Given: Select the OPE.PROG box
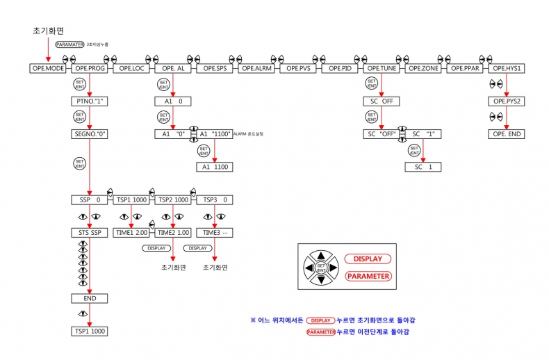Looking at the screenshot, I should (89, 69).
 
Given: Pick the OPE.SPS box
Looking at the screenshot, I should (216, 69).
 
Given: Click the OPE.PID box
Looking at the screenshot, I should (341, 69).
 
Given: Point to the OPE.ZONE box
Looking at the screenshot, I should (423, 69).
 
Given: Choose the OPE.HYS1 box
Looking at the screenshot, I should (507, 69).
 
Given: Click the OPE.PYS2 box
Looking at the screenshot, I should (507, 101).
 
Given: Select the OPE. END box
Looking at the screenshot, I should (507, 134).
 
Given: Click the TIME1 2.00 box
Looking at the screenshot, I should (131, 233).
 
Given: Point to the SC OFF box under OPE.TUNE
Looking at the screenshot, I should (382, 101).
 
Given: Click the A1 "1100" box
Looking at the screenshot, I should (215, 134).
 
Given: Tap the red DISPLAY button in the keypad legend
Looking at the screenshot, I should (368, 259).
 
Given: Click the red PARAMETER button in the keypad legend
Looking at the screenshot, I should (368, 276).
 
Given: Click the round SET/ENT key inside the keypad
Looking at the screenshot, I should (320, 267).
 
